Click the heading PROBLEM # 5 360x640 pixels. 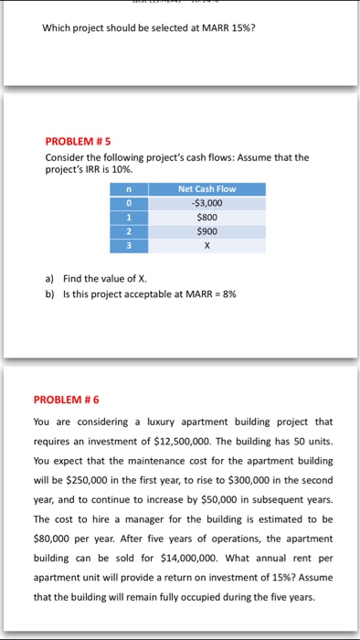click(x=78, y=143)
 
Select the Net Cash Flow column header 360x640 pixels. click(x=206, y=188)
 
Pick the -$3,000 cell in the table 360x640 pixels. click(x=206, y=203)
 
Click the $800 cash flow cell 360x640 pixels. click(x=206, y=218)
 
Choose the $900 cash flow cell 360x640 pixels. click(x=206, y=232)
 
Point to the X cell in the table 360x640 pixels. click(x=206, y=247)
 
